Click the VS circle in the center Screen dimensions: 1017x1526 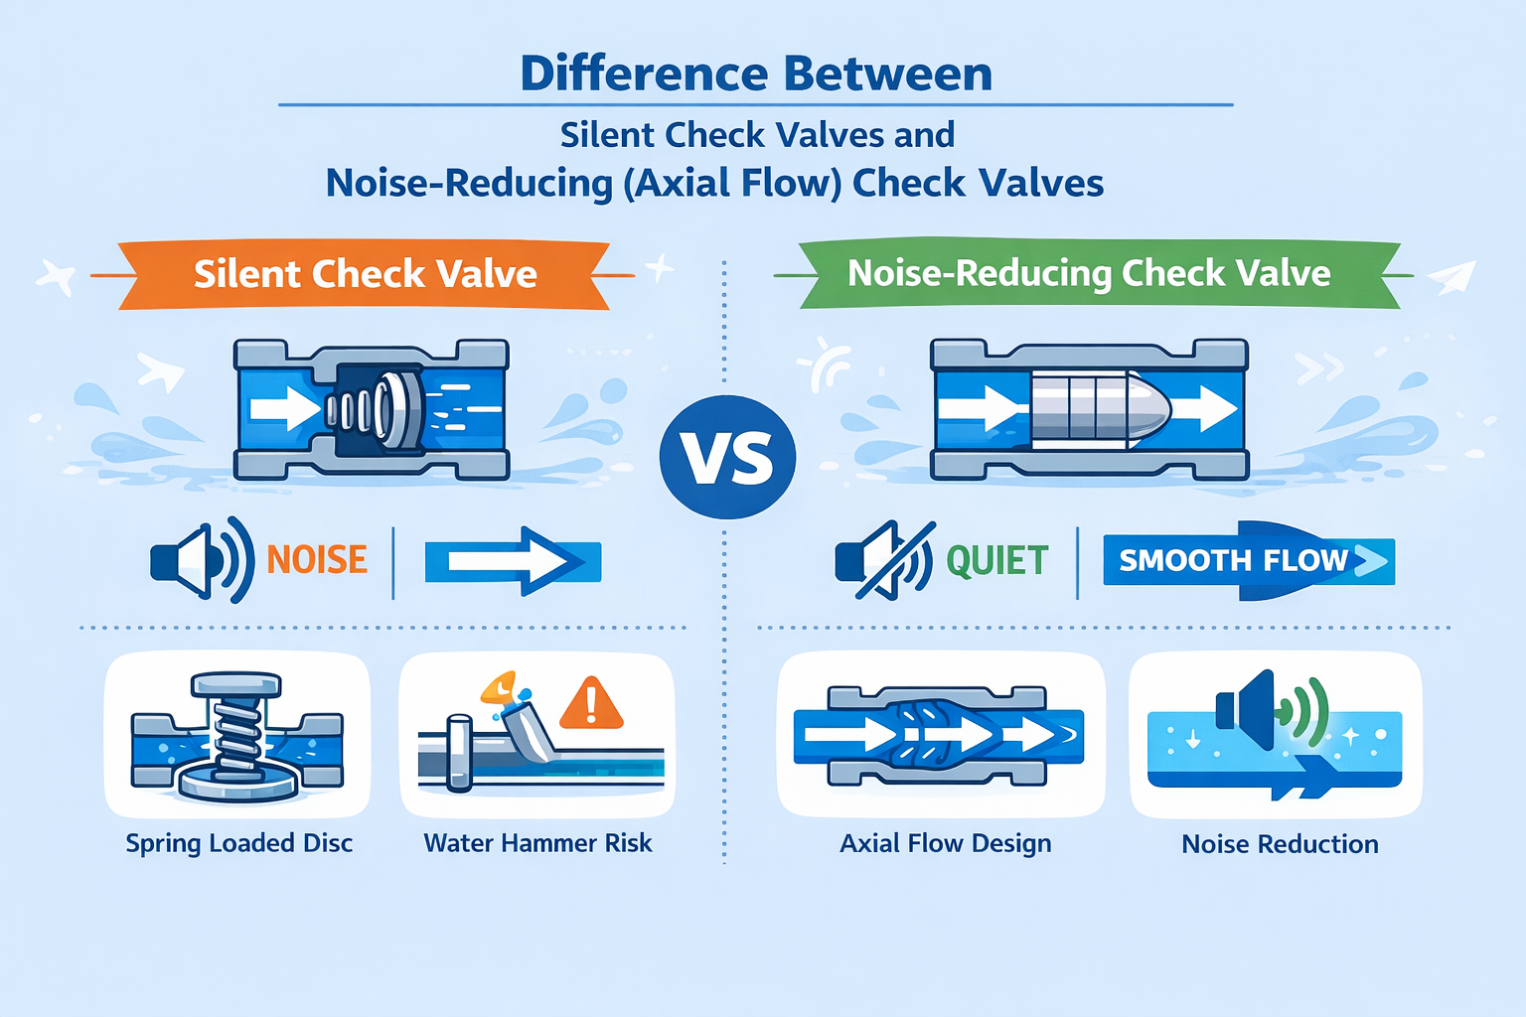[x=727, y=457]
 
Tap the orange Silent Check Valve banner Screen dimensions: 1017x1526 [x=365, y=274]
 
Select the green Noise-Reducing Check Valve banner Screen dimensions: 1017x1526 [x=1088, y=273]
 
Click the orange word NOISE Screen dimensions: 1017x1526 [x=317, y=560]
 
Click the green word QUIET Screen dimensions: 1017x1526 [x=996, y=561]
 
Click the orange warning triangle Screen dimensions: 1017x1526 [x=591, y=704]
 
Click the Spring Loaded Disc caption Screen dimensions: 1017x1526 [x=238, y=843]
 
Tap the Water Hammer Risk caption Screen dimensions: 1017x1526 [x=537, y=843]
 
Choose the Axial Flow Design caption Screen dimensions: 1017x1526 [x=945, y=843]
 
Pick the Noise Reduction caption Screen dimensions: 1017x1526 [x=1280, y=844]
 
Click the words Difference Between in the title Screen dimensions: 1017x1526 [x=756, y=73]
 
